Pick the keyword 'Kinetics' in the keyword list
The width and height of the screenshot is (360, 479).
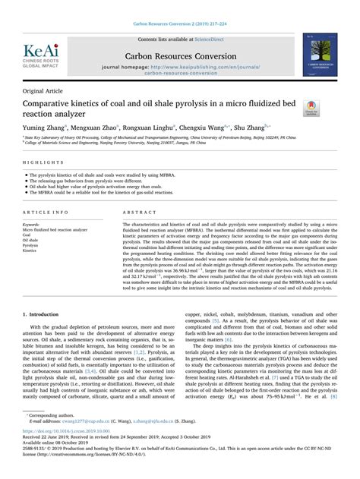[31, 251]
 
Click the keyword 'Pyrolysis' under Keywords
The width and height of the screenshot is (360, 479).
[32, 245]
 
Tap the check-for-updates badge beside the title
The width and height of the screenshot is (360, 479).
[310, 106]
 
